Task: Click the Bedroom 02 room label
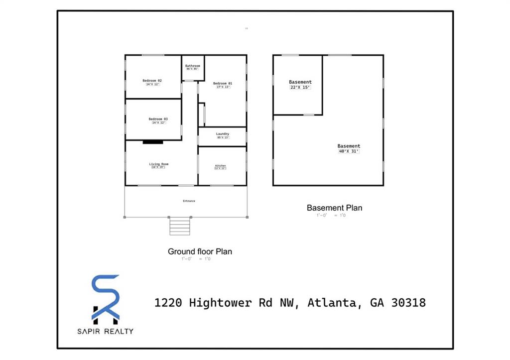pyautogui.click(x=152, y=81)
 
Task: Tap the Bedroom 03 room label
pyautogui.click(x=158, y=119)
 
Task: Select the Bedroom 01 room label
pyautogui.click(x=223, y=83)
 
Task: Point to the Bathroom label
pyautogui.click(x=193, y=66)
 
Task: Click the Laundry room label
pyautogui.click(x=223, y=134)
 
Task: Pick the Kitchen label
pyautogui.click(x=220, y=165)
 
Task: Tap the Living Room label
pyautogui.click(x=158, y=164)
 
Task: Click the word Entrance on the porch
pyautogui.click(x=189, y=201)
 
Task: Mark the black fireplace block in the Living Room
pyautogui.click(x=153, y=142)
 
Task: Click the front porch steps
pyautogui.click(x=180, y=226)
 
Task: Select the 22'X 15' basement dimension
pyautogui.click(x=300, y=88)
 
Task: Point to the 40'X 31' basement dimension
pyautogui.click(x=349, y=151)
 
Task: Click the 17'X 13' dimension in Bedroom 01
pyautogui.click(x=223, y=87)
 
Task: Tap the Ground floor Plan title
pyautogui.click(x=200, y=251)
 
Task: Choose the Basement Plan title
pyautogui.click(x=334, y=208)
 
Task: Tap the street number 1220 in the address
pyautogui.click(x=168, y=302)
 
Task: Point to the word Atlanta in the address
pyautogui.click(x=332, y=302)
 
